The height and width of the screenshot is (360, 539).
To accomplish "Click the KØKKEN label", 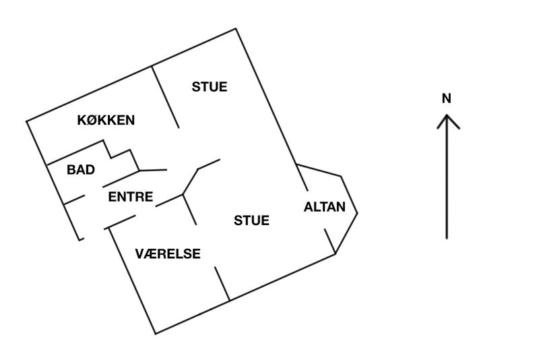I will coord(106,121).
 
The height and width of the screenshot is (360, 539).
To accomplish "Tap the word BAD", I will coord(80,170).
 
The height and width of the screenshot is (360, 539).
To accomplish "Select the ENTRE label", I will coord(131,198).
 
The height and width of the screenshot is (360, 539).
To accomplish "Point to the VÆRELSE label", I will coord(168,253).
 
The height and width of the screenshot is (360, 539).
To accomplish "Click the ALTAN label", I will coord(325,207).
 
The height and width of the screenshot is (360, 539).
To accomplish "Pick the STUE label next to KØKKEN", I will coord(210,87).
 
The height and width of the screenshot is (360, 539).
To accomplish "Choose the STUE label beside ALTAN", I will coord(251,220).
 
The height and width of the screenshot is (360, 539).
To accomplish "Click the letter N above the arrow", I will coord(446,98).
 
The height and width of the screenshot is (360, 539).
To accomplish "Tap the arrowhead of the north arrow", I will coord(446,119).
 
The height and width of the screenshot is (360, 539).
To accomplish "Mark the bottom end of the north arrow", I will coord(446,238).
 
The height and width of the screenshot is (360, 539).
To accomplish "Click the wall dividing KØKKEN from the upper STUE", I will coord(165,96).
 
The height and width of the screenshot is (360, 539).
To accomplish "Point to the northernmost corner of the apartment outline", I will coord(236,28).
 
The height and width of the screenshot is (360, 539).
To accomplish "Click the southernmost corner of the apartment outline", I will coord(156,333).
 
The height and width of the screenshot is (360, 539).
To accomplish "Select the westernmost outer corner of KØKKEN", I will coord(27,122).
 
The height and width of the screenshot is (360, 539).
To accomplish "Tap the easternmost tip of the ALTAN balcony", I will coord(357,214).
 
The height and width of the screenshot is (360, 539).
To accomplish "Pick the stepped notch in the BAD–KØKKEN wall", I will coord(120,152).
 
